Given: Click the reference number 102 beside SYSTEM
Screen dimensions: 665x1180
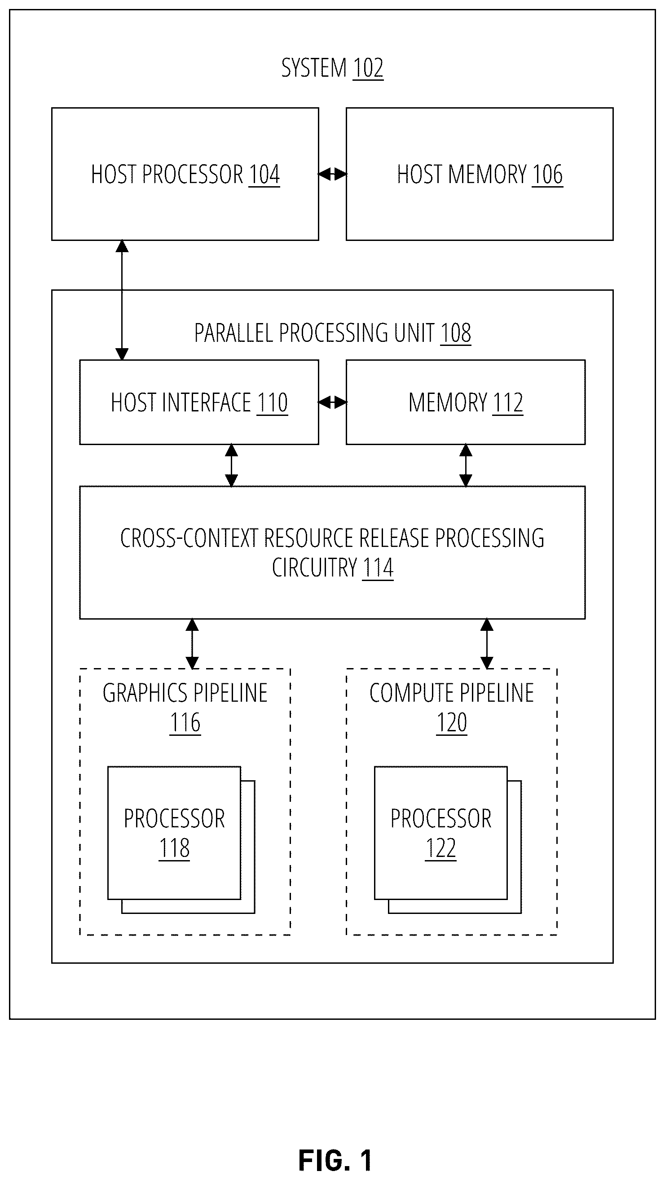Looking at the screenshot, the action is point(368,68).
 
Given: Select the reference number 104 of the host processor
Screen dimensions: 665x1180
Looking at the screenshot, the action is point(264,175).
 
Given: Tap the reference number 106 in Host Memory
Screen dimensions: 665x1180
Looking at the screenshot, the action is point(547,175).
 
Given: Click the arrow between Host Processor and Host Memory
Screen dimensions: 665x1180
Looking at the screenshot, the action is point(332,174).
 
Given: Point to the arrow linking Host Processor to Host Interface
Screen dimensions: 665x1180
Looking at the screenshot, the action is point(122,300).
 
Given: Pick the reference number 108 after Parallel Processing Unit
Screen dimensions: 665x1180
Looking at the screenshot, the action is point(456,333).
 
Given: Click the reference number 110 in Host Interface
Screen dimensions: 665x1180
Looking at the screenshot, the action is point(272,403).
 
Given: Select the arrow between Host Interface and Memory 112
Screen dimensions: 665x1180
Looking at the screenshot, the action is point(332,402).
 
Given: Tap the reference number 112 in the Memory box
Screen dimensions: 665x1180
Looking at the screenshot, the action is point(507,403).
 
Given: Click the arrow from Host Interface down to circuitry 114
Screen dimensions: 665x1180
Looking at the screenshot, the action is point(231,465).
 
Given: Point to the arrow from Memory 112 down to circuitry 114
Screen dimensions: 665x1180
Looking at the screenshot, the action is point(466,465).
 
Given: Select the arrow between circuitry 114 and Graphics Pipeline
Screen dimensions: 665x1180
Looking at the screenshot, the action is point(192,643).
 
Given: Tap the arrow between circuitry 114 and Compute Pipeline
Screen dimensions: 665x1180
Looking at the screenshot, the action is point(487,643).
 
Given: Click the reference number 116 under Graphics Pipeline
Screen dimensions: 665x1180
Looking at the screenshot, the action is point(185,723).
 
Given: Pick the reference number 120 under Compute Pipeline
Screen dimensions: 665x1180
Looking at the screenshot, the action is point(452,723).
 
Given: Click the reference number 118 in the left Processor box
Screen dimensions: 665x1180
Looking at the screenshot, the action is point(174,848).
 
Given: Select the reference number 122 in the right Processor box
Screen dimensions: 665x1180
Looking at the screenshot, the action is point(441,848).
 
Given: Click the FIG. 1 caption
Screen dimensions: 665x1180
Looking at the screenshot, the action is point(335,1160).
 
